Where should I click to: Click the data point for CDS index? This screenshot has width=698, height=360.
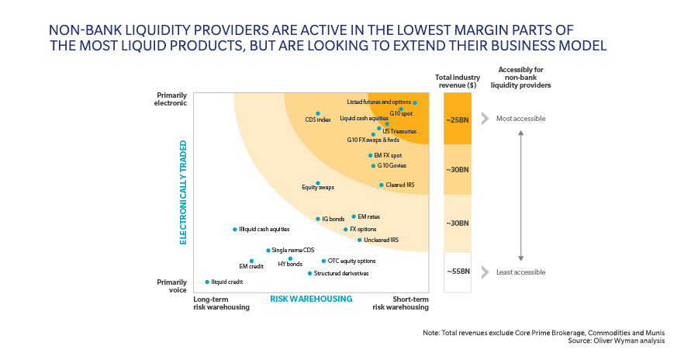pos(318,113)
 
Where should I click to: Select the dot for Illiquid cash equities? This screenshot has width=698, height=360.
pos(235,230)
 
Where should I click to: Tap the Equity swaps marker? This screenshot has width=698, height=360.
pos(318,183)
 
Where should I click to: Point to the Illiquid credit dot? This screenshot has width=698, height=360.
pos(207,282)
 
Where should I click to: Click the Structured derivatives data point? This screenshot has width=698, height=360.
pos(309,273)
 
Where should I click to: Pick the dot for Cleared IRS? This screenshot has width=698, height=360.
pos(381,185)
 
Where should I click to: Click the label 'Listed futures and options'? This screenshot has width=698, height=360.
pos(378,102)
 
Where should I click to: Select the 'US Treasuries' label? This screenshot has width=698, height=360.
pos(399,131)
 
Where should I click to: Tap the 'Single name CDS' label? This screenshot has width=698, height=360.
pos(293,250)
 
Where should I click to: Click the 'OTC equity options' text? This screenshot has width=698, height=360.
pos(351,261)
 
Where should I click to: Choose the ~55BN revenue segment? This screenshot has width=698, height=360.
pos(457,272)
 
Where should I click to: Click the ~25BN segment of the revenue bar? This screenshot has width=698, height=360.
pos(457,119)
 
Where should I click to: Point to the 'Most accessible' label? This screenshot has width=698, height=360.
pos(520,119)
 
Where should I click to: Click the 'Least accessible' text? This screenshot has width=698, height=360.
pos(520,272)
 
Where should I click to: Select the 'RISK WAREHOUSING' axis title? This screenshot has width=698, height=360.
pos(310,299)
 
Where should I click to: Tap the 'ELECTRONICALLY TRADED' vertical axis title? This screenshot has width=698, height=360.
pos(184,192)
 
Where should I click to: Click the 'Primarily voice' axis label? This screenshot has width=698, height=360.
pos(172,286)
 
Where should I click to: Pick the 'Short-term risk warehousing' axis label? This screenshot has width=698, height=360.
pos(400,303)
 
